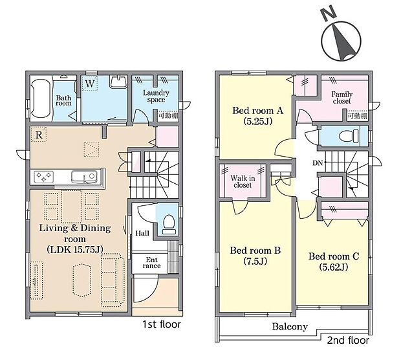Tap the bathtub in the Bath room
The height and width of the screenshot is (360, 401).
pyautogui.click(x=41, y=98)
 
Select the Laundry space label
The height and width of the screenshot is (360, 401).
pyautogui.click(x=156, y=96)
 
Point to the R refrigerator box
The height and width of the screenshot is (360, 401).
pyautogui.click(x=39, y=135)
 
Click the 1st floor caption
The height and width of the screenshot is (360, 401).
pyautogui.click(x=162, y=324)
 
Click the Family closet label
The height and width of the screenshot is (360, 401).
pyautogui.click(x=340, y=97)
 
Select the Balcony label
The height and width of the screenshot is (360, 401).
pyautogui.click(x=290, y=327)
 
